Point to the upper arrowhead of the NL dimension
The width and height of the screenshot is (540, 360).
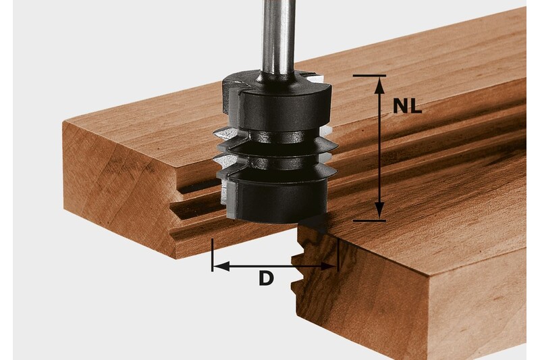click(380, 83)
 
